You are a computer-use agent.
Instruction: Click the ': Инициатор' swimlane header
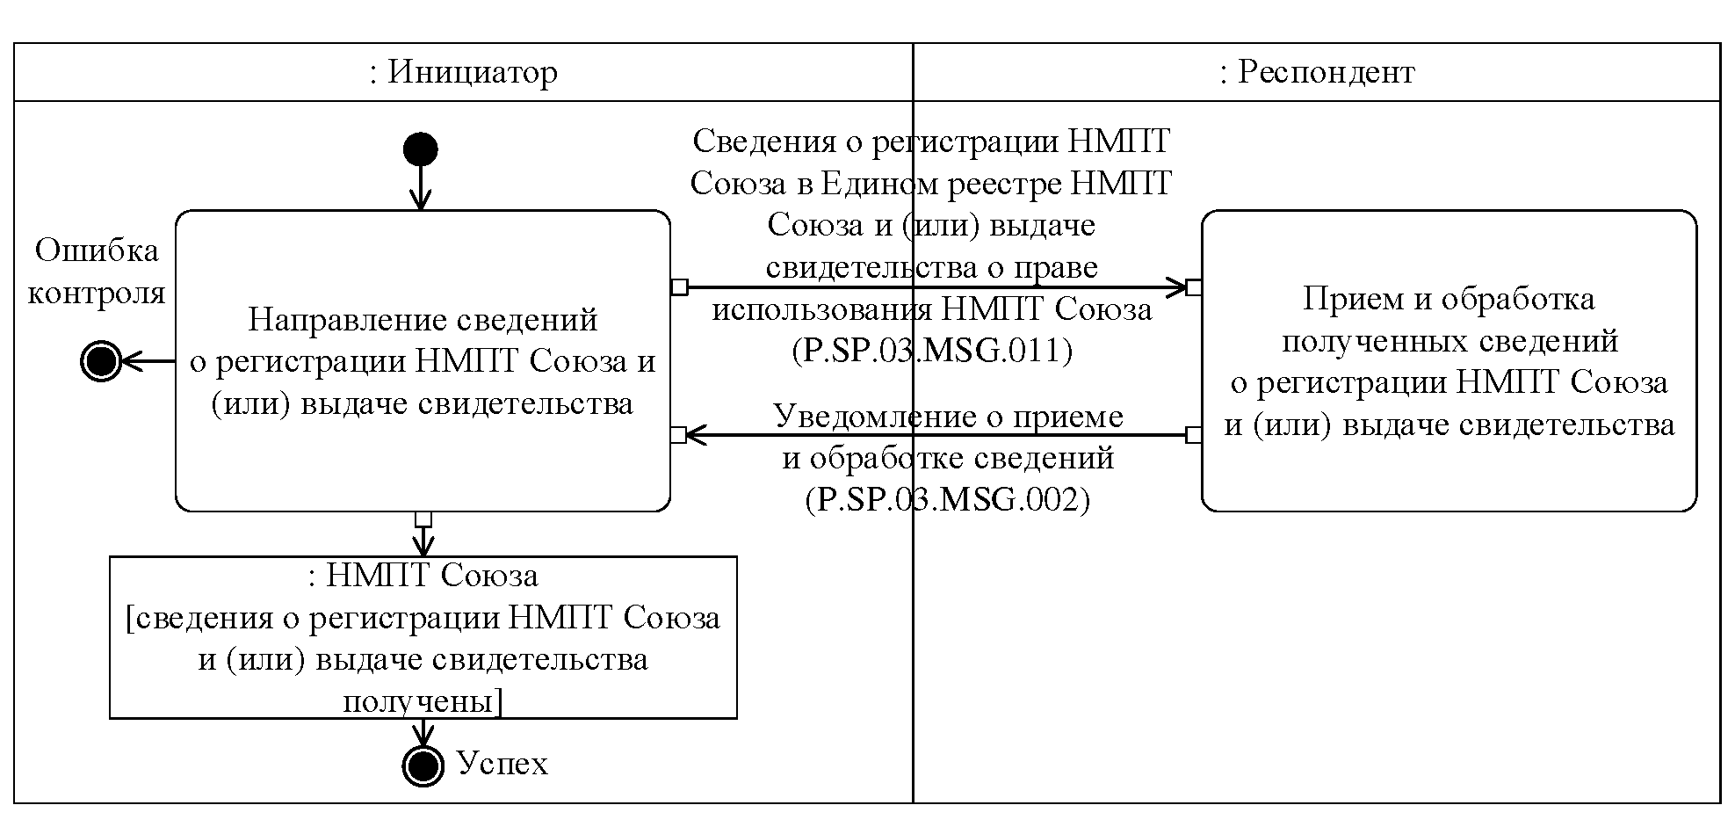pos(463,72)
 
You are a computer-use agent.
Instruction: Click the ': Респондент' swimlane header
pos(1317,72)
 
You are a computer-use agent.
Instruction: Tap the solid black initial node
pos(420,149)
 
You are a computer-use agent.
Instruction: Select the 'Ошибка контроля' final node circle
pos(100,360)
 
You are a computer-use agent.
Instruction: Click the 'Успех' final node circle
pos(423,765)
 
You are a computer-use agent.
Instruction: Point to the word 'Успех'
pos(502,764)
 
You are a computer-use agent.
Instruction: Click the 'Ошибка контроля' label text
pos(97,272)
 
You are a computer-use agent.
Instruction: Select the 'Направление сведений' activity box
pos(423,360)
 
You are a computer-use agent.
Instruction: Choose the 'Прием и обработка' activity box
pos(1449,360)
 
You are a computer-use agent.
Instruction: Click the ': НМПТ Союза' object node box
pos(423,637)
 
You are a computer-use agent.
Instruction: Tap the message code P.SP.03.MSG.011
pos(932,351)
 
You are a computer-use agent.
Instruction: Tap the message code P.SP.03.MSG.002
pos(948,499)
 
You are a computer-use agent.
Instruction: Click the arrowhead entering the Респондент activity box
pos(1176,287)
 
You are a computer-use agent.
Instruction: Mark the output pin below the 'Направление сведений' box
pos(423,519)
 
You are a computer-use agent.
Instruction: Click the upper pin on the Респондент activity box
pos(1194,287)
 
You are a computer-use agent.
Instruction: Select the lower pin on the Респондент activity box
pos(1194,434)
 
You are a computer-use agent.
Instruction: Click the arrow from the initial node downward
pos(421,188)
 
